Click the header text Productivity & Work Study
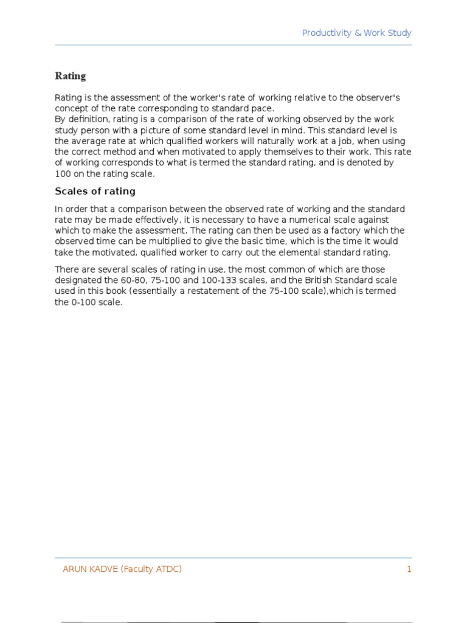point(357,33)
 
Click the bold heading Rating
point(71,76)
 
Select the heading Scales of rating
point(95,191)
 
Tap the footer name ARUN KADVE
point(90,569)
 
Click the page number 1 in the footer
point(409,569)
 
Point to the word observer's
point(376,98)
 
